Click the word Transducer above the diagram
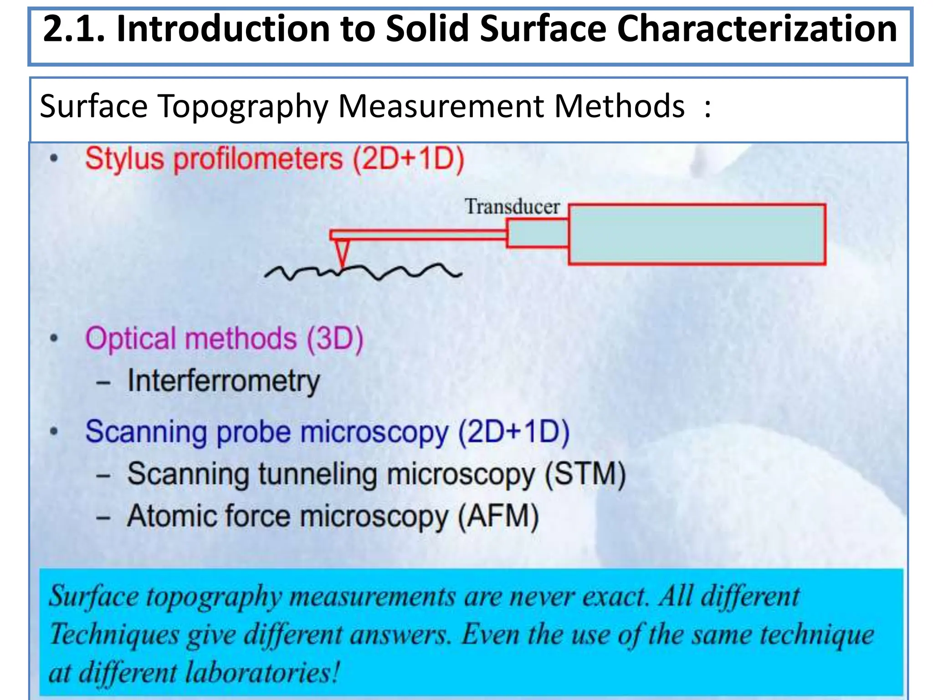coord(512,207)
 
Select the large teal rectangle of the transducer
coord(697,234)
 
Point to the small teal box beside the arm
coord(538,233)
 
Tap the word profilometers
coord(258,159)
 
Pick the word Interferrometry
coord(224,381)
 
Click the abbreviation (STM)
coord(585,474)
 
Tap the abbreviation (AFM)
coord(498,516)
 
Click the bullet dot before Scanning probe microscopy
coord(54,431)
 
